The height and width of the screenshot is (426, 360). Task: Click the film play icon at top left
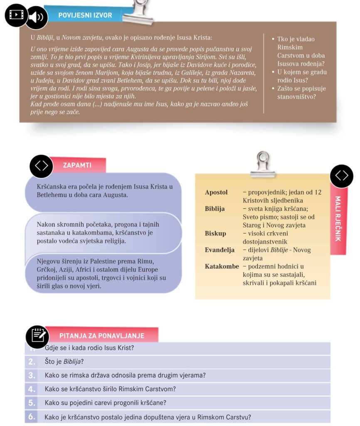click(16, 15)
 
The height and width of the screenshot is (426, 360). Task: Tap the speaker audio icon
click(36, 17)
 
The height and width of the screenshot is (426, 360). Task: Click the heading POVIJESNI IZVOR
click(85, 15)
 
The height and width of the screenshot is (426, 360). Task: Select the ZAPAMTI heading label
click(77, 165)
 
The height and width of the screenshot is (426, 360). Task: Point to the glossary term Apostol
click(216, 193)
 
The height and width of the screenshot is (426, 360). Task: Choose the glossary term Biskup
click(215, 233)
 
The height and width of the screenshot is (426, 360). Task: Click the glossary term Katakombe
click(222, 266)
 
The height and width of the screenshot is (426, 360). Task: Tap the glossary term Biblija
click(215, 209)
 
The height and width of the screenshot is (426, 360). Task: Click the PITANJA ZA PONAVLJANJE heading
click(101, 336)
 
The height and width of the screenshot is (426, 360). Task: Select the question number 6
click(32, 416)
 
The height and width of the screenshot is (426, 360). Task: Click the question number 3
click(32, 375)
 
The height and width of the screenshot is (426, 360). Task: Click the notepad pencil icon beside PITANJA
click(37, 336)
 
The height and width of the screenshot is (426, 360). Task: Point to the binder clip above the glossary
click(263, 164)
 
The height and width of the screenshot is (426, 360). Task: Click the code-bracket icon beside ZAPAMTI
click(41, 166)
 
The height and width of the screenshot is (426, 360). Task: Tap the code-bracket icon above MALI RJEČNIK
click(342, 176)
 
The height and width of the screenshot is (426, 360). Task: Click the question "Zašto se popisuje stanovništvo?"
click(301, 93)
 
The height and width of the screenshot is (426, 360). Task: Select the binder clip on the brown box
click(141, 12)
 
